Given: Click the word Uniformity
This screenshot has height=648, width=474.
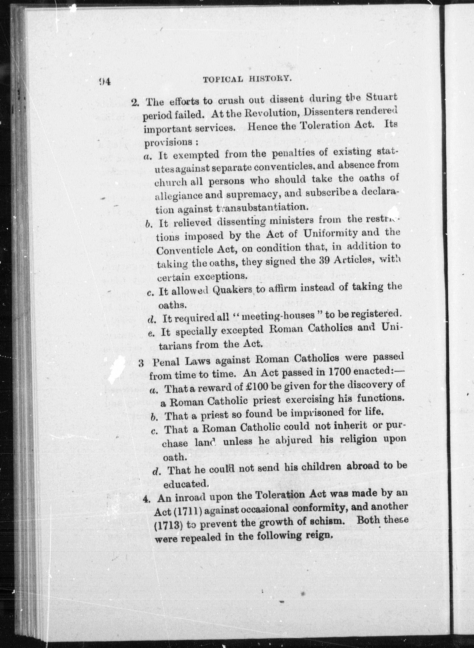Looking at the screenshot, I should click(330, 234).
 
